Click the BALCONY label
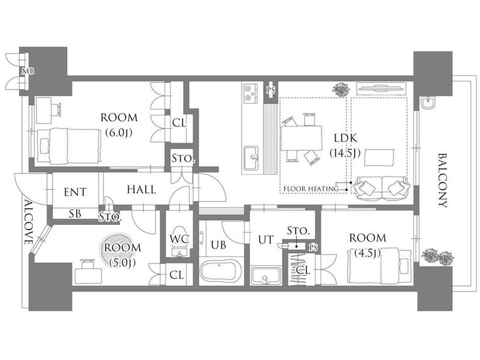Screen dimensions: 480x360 (442, 181)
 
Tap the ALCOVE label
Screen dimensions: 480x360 (29, 223)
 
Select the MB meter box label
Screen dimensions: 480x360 (27, 71)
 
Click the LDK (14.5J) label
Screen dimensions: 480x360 (345, 145)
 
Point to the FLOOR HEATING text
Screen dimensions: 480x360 (311, 188)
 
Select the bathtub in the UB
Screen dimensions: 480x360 (221, 270)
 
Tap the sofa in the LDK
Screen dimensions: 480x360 (381, 188)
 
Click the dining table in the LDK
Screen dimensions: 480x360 (302, 138)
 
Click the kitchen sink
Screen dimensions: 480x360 (251, 158)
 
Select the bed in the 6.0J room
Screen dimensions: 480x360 (69, 146)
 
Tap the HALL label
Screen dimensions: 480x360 (141, 189)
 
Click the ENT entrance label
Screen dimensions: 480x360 (75, 192)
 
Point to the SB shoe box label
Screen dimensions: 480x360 (75, 213)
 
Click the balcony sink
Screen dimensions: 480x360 (428, 103)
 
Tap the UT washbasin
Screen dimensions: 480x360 (266, 276)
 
